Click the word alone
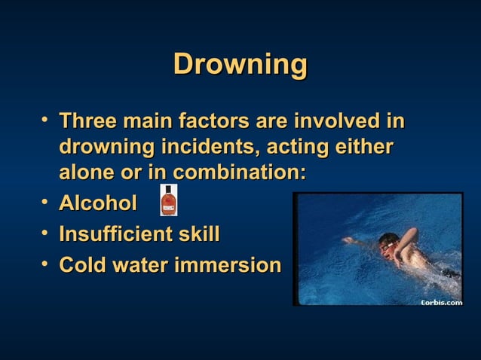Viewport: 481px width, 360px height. pos(84,171)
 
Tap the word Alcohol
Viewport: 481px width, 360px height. pos(98,203)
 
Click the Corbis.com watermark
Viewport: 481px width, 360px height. pos(440,302)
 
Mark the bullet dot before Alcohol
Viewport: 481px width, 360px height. pos(47,202)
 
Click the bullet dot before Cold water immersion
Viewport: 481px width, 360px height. pos(47,264)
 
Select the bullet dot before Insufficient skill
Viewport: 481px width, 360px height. pos(47,233)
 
